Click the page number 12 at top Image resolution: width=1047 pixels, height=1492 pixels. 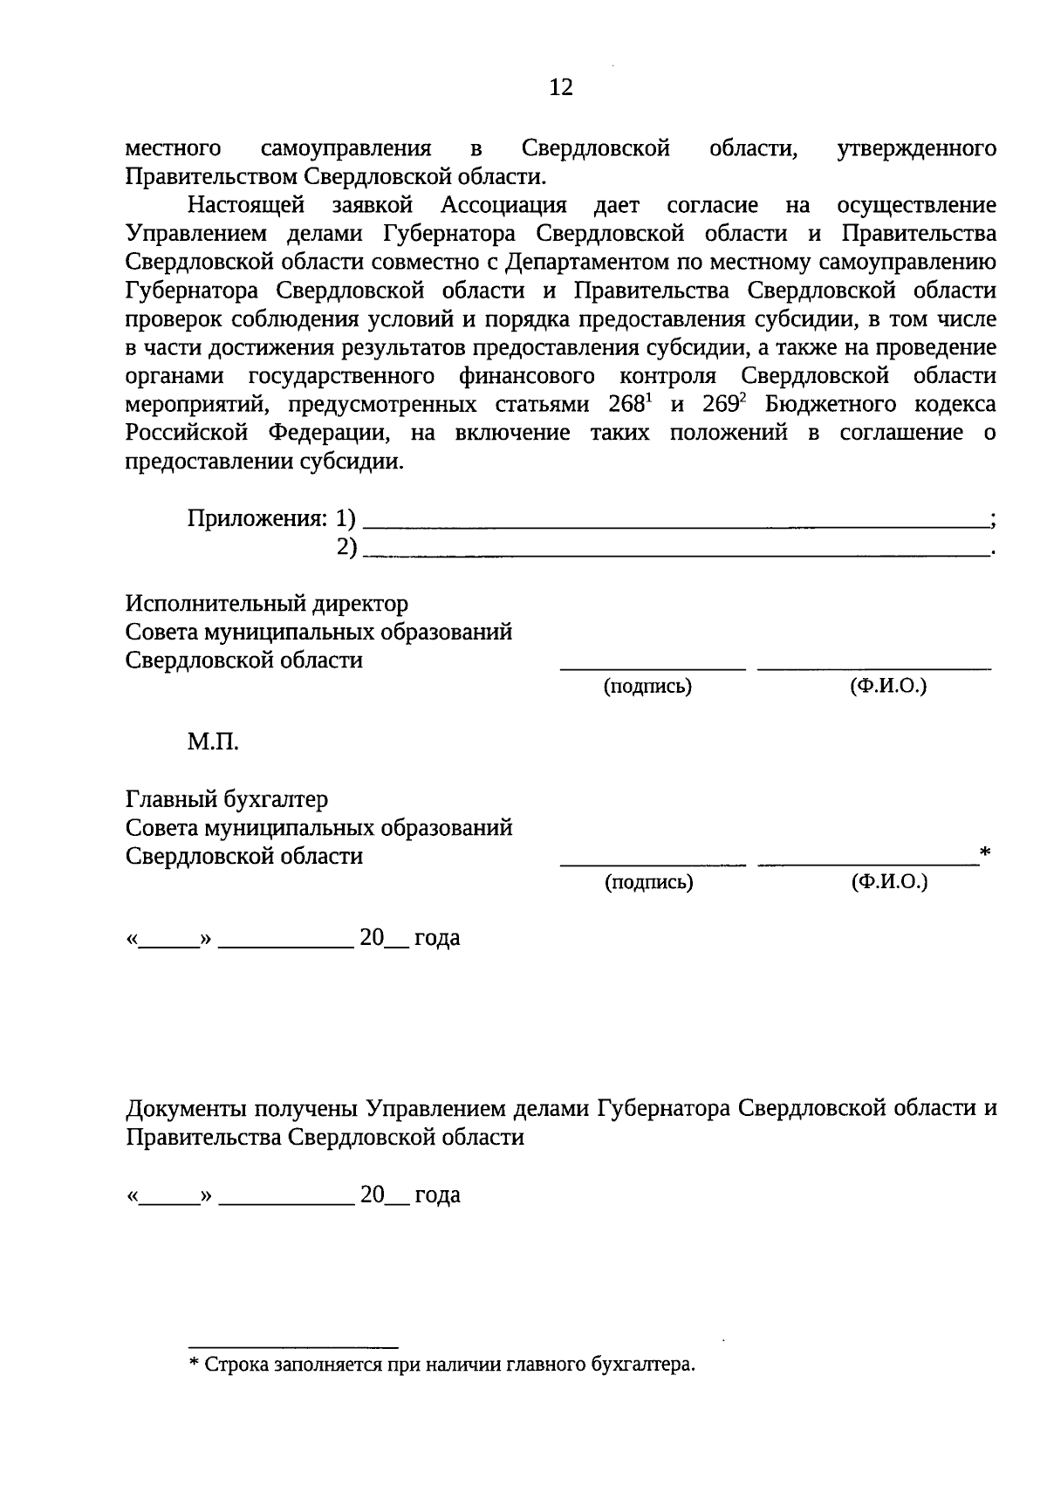point(561,87)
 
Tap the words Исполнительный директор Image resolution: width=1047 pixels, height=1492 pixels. point(267,604)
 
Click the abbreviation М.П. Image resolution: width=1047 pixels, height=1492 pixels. point(213,743)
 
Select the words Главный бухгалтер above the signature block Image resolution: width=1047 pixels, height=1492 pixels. point(227,799)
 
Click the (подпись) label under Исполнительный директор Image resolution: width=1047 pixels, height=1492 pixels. point(648,687)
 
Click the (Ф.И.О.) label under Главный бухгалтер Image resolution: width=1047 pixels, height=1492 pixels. point(889,882)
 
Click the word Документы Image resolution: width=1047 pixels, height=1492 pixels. point(187,1109)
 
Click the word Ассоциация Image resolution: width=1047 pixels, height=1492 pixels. point(503,206)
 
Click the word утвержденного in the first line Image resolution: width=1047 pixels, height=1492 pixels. point(916,149)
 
